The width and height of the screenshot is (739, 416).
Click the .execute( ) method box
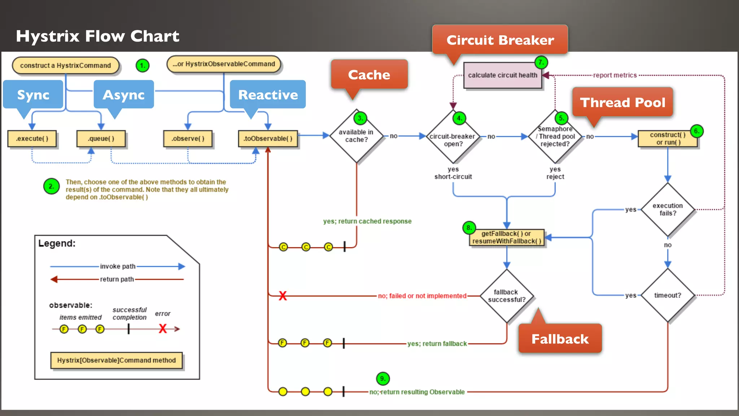(32, 139)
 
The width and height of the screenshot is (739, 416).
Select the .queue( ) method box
(101, 139)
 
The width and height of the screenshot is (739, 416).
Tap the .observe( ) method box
(188, 139)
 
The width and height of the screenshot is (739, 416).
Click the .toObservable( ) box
(268, 139)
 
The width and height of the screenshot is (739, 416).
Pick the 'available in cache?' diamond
(356, 136)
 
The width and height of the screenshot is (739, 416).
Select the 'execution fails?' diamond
(668, 209)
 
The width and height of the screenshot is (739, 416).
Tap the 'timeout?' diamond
(668, 295)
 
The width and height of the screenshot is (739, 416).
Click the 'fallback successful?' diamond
(507, 296)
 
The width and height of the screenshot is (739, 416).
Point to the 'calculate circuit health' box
(503, 75)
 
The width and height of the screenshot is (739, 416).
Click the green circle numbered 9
(382, 378)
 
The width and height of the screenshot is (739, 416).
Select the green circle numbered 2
(51, 186)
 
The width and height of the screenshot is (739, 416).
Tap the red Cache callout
(369, 74)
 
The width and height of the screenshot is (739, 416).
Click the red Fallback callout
(560, 339)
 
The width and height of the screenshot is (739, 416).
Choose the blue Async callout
(124, 95)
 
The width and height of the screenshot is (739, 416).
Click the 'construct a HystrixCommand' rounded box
(65, 65)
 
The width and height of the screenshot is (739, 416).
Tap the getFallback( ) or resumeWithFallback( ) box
(507, 237)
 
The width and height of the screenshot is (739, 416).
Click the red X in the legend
(163, 329)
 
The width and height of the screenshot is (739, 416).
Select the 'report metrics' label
(615, 75)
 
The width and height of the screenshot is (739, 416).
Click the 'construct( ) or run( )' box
(668, 139)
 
